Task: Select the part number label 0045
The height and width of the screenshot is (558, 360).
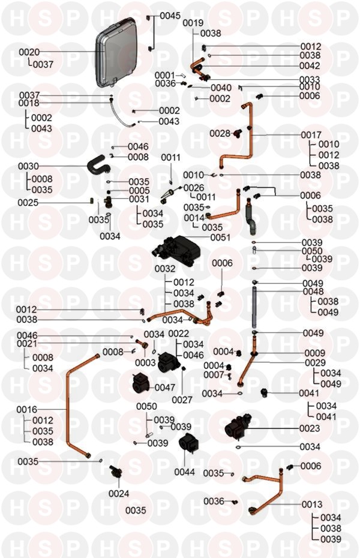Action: click(x=170, y=15)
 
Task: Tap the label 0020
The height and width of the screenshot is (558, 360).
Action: click(x=29, y=53)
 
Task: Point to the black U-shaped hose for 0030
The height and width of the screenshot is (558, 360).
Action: click(x=99, y=163)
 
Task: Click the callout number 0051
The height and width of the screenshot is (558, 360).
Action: click(x=220, y=237)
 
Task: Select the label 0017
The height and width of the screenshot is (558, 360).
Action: click(x=311, y=135)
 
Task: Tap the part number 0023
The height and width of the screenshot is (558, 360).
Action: click(x=310, y=428)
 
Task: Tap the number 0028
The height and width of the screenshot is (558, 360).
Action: click(x=220, y=133)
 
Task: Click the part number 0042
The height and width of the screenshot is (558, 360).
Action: click(x=310, y=65)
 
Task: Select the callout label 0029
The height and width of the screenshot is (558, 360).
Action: click(x=314, y=363)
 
